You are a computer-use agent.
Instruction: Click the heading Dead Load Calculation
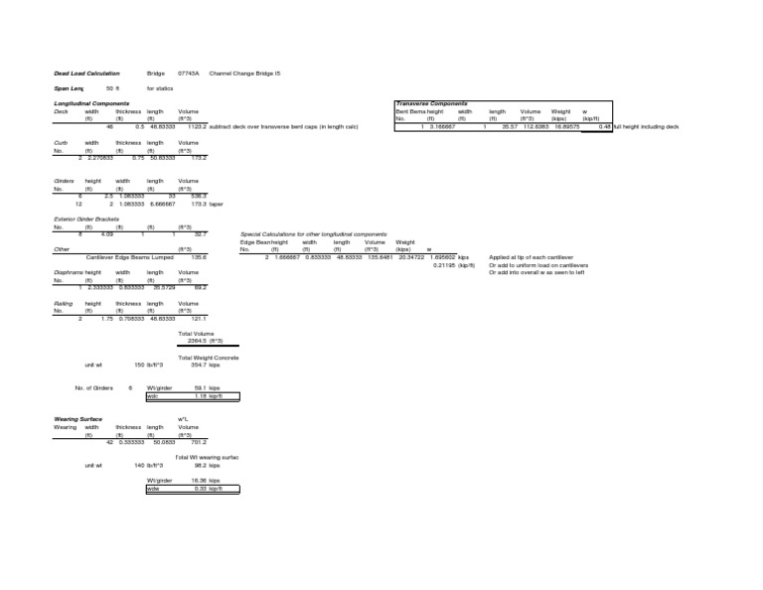(86, 74)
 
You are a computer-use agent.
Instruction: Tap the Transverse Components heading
(430, 102)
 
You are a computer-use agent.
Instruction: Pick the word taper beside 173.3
(217, 204)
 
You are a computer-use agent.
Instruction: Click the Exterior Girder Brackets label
(86, 219)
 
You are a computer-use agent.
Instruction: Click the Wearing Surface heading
(79, 419)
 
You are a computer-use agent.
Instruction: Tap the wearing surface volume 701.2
(198, 442)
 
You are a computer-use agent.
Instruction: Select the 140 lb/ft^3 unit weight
(147, 465)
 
